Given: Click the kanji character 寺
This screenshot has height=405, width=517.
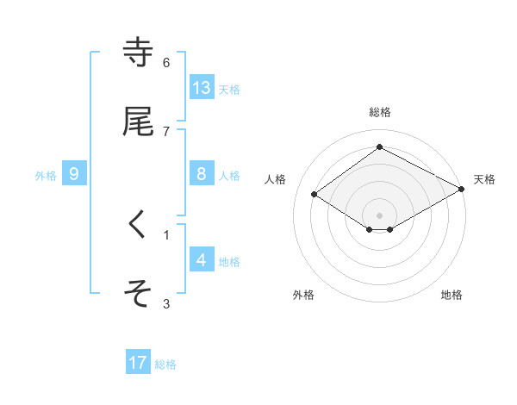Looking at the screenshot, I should pyautogui.click(x=138, y=53).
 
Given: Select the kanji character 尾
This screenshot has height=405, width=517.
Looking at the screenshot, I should pyautogui.click(x=138, y=121).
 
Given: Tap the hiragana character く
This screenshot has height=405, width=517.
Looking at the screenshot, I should pyautogui.click(x=138, y=225).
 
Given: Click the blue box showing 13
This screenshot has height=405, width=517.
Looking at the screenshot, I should pyautogui.click(x=202, y=87).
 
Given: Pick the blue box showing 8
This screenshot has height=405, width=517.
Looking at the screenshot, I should pyautogui.click(x=202, y=174).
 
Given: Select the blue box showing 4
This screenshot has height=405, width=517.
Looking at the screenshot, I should pyautogui.click(x=202, y=259).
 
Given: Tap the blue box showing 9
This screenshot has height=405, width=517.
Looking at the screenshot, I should pyautogui.click(x=74, y=174).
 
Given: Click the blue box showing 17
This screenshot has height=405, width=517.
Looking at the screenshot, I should pyautogui.click(x=138, y=363).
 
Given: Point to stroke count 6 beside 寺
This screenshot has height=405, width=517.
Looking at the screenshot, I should pyautogui.click(x=166, y=62).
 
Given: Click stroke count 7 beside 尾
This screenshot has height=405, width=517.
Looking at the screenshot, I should pyautogui.click(x=166, y=131).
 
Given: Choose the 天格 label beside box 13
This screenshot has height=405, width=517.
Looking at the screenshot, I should pyautogui.click(x=229, y=89).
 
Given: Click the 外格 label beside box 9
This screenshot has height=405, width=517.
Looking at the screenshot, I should pyautogui.click(x=46, y=175).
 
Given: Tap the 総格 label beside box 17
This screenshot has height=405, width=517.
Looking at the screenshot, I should pyautogui.click(x=165, y=364).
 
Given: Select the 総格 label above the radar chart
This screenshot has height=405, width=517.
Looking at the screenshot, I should pyautogui.click(x=380, y=112).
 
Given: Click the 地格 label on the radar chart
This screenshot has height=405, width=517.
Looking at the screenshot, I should pyautogui.click(x=452, y=295).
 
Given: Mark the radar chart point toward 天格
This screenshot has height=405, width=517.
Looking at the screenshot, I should pyautogui.click(x=463, y=190).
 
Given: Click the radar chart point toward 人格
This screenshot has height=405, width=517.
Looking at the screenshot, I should pyautogui.click(x=314, y=195).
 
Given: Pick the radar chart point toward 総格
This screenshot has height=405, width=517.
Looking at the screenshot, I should pyautogui.click(x=380, y=147).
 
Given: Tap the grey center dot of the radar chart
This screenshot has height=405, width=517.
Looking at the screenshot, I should pyautogui.click(x=380, y=215).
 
